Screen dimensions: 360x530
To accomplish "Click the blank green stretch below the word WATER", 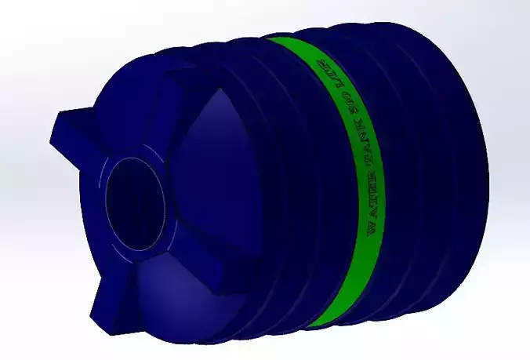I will [x=357, y=275].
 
